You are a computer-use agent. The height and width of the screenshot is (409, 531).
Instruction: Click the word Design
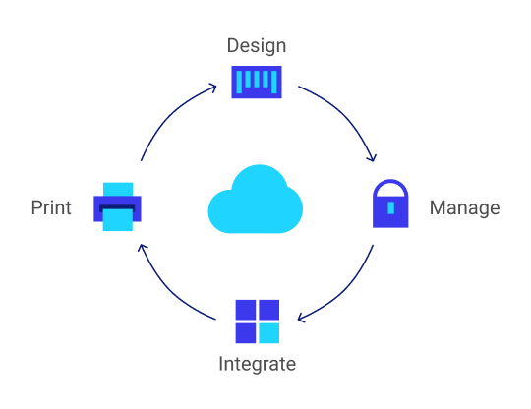[256, 46]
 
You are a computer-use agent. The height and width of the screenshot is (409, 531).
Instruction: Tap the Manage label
[464, 208]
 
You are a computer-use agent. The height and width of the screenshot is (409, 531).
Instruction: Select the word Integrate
[257, 364]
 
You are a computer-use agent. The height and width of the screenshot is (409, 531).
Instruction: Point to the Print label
[51, 208]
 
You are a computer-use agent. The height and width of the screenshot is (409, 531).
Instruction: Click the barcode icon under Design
[257, 82]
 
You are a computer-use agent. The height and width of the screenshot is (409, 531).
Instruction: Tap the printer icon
[118, 206]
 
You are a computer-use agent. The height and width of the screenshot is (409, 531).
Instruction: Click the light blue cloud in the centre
[255, 201]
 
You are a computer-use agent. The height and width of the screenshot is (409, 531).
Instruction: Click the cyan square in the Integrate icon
[268, 333]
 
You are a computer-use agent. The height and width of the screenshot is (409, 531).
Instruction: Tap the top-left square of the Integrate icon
[246, 311]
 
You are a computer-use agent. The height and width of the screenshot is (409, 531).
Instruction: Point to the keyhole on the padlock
[390, 208]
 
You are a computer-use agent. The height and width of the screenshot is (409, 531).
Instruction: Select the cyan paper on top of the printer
[118, 188]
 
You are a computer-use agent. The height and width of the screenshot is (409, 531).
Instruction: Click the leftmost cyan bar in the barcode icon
[238, 79]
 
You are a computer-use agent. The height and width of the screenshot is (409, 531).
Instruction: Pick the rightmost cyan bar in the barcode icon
[274, 79]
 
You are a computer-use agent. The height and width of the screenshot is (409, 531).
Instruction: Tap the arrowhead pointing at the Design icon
[214, 88]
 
